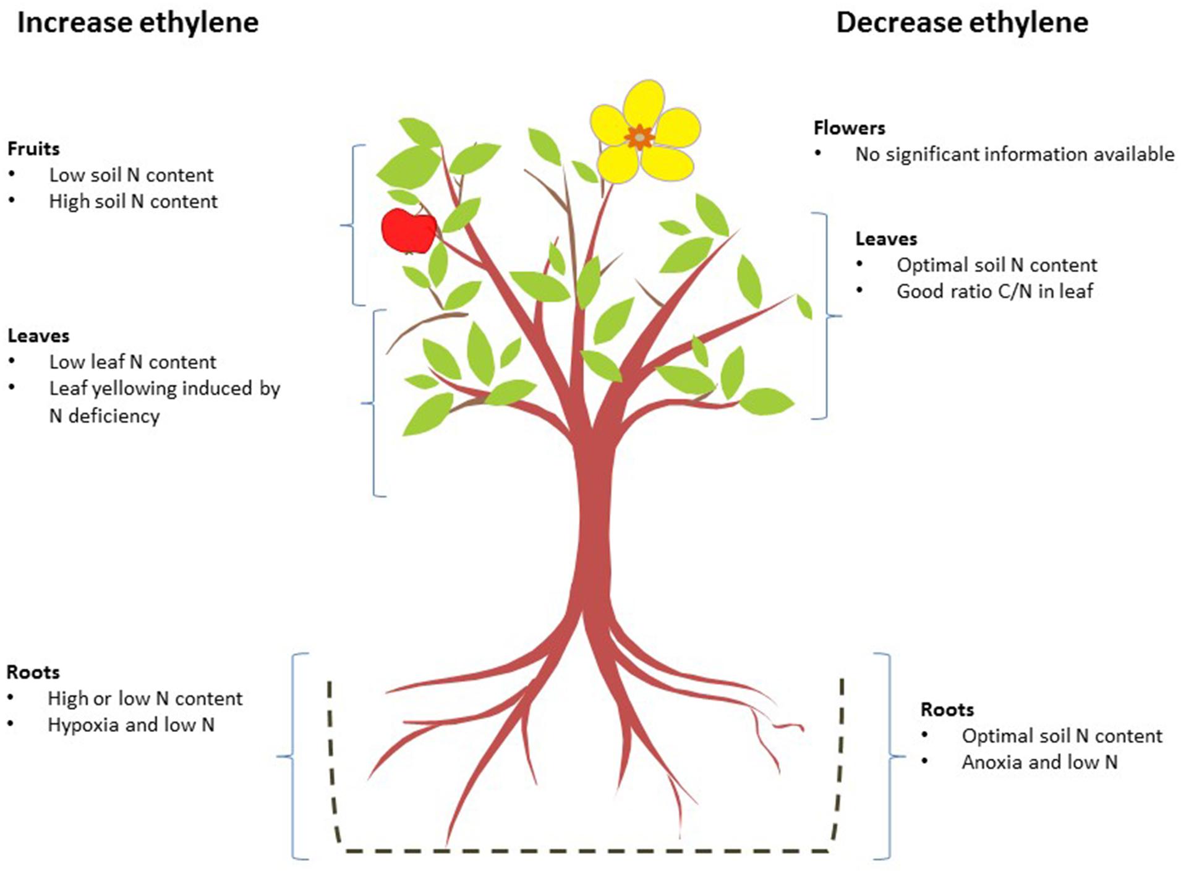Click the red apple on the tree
tap(408, 231)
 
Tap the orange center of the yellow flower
tap(639, 137)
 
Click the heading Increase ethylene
tap(138, 23)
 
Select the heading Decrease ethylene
tap(962, 23)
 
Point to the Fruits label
tap(33, 148)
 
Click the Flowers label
tap(849, 128)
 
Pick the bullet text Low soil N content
tap(131, 175)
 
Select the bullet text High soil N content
tap(133, 202)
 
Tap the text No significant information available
tap(1014, 154)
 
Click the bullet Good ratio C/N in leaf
tap(995, 291)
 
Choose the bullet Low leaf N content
tap(132, 362)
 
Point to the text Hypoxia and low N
tap(130, 725)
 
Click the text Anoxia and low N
tap(1039, 762)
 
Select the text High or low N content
tap(145, 699)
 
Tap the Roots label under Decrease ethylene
tap(947, 709)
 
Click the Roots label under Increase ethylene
tap(33, 672)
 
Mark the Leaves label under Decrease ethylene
tap(886, 239)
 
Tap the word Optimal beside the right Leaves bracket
tap(926, 265)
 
